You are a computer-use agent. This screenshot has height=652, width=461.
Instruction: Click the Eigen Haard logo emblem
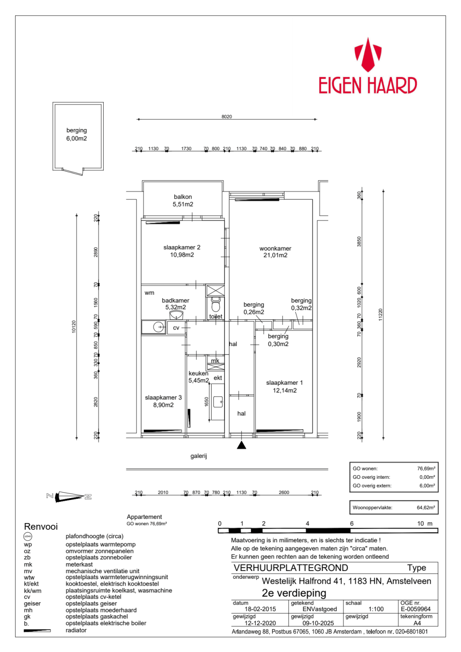[367, 54]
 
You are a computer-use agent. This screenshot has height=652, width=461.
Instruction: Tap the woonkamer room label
[275, 252]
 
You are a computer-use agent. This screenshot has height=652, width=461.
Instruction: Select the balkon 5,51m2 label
[183, 200]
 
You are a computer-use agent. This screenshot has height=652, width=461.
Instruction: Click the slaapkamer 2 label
[182, 251]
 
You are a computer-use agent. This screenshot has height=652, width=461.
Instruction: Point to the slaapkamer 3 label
[163, 401]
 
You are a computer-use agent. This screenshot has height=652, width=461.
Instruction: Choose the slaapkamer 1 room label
[284, 387]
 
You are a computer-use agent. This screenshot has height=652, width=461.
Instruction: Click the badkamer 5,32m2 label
[176, 304]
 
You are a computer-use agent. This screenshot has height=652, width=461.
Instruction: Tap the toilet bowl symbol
[215, 305]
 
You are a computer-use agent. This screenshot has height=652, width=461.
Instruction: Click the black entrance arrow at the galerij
[242, 445]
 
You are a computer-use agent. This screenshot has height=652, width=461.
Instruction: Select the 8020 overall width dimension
[226, 117]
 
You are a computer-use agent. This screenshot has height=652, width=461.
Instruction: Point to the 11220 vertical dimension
[380, 314]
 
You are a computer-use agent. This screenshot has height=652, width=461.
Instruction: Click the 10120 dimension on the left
[74, 326]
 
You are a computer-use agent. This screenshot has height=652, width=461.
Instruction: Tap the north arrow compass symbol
[69, 496]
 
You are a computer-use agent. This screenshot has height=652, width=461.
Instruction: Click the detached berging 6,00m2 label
[77, 135]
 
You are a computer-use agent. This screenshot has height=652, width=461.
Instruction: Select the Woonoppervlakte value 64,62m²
[426, 508]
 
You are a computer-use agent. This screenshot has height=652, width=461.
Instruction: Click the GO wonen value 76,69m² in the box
[426, 469]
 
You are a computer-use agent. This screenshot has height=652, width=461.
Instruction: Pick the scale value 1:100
[376, 609]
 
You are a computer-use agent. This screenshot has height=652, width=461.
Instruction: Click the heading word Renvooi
[41, 527]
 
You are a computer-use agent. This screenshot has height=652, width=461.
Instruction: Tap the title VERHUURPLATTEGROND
[290, 568]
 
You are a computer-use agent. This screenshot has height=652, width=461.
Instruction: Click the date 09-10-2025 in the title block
[318, 623]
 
